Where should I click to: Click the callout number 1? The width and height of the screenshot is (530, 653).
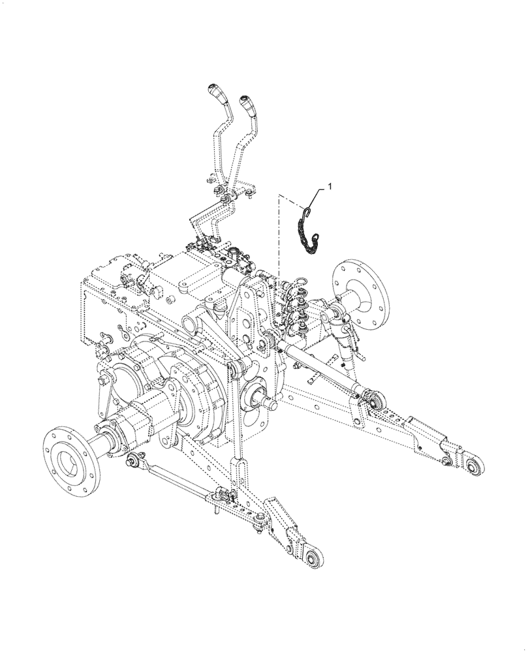coord(330,187)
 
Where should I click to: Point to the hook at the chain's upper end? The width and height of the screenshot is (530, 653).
coord(307,210)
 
